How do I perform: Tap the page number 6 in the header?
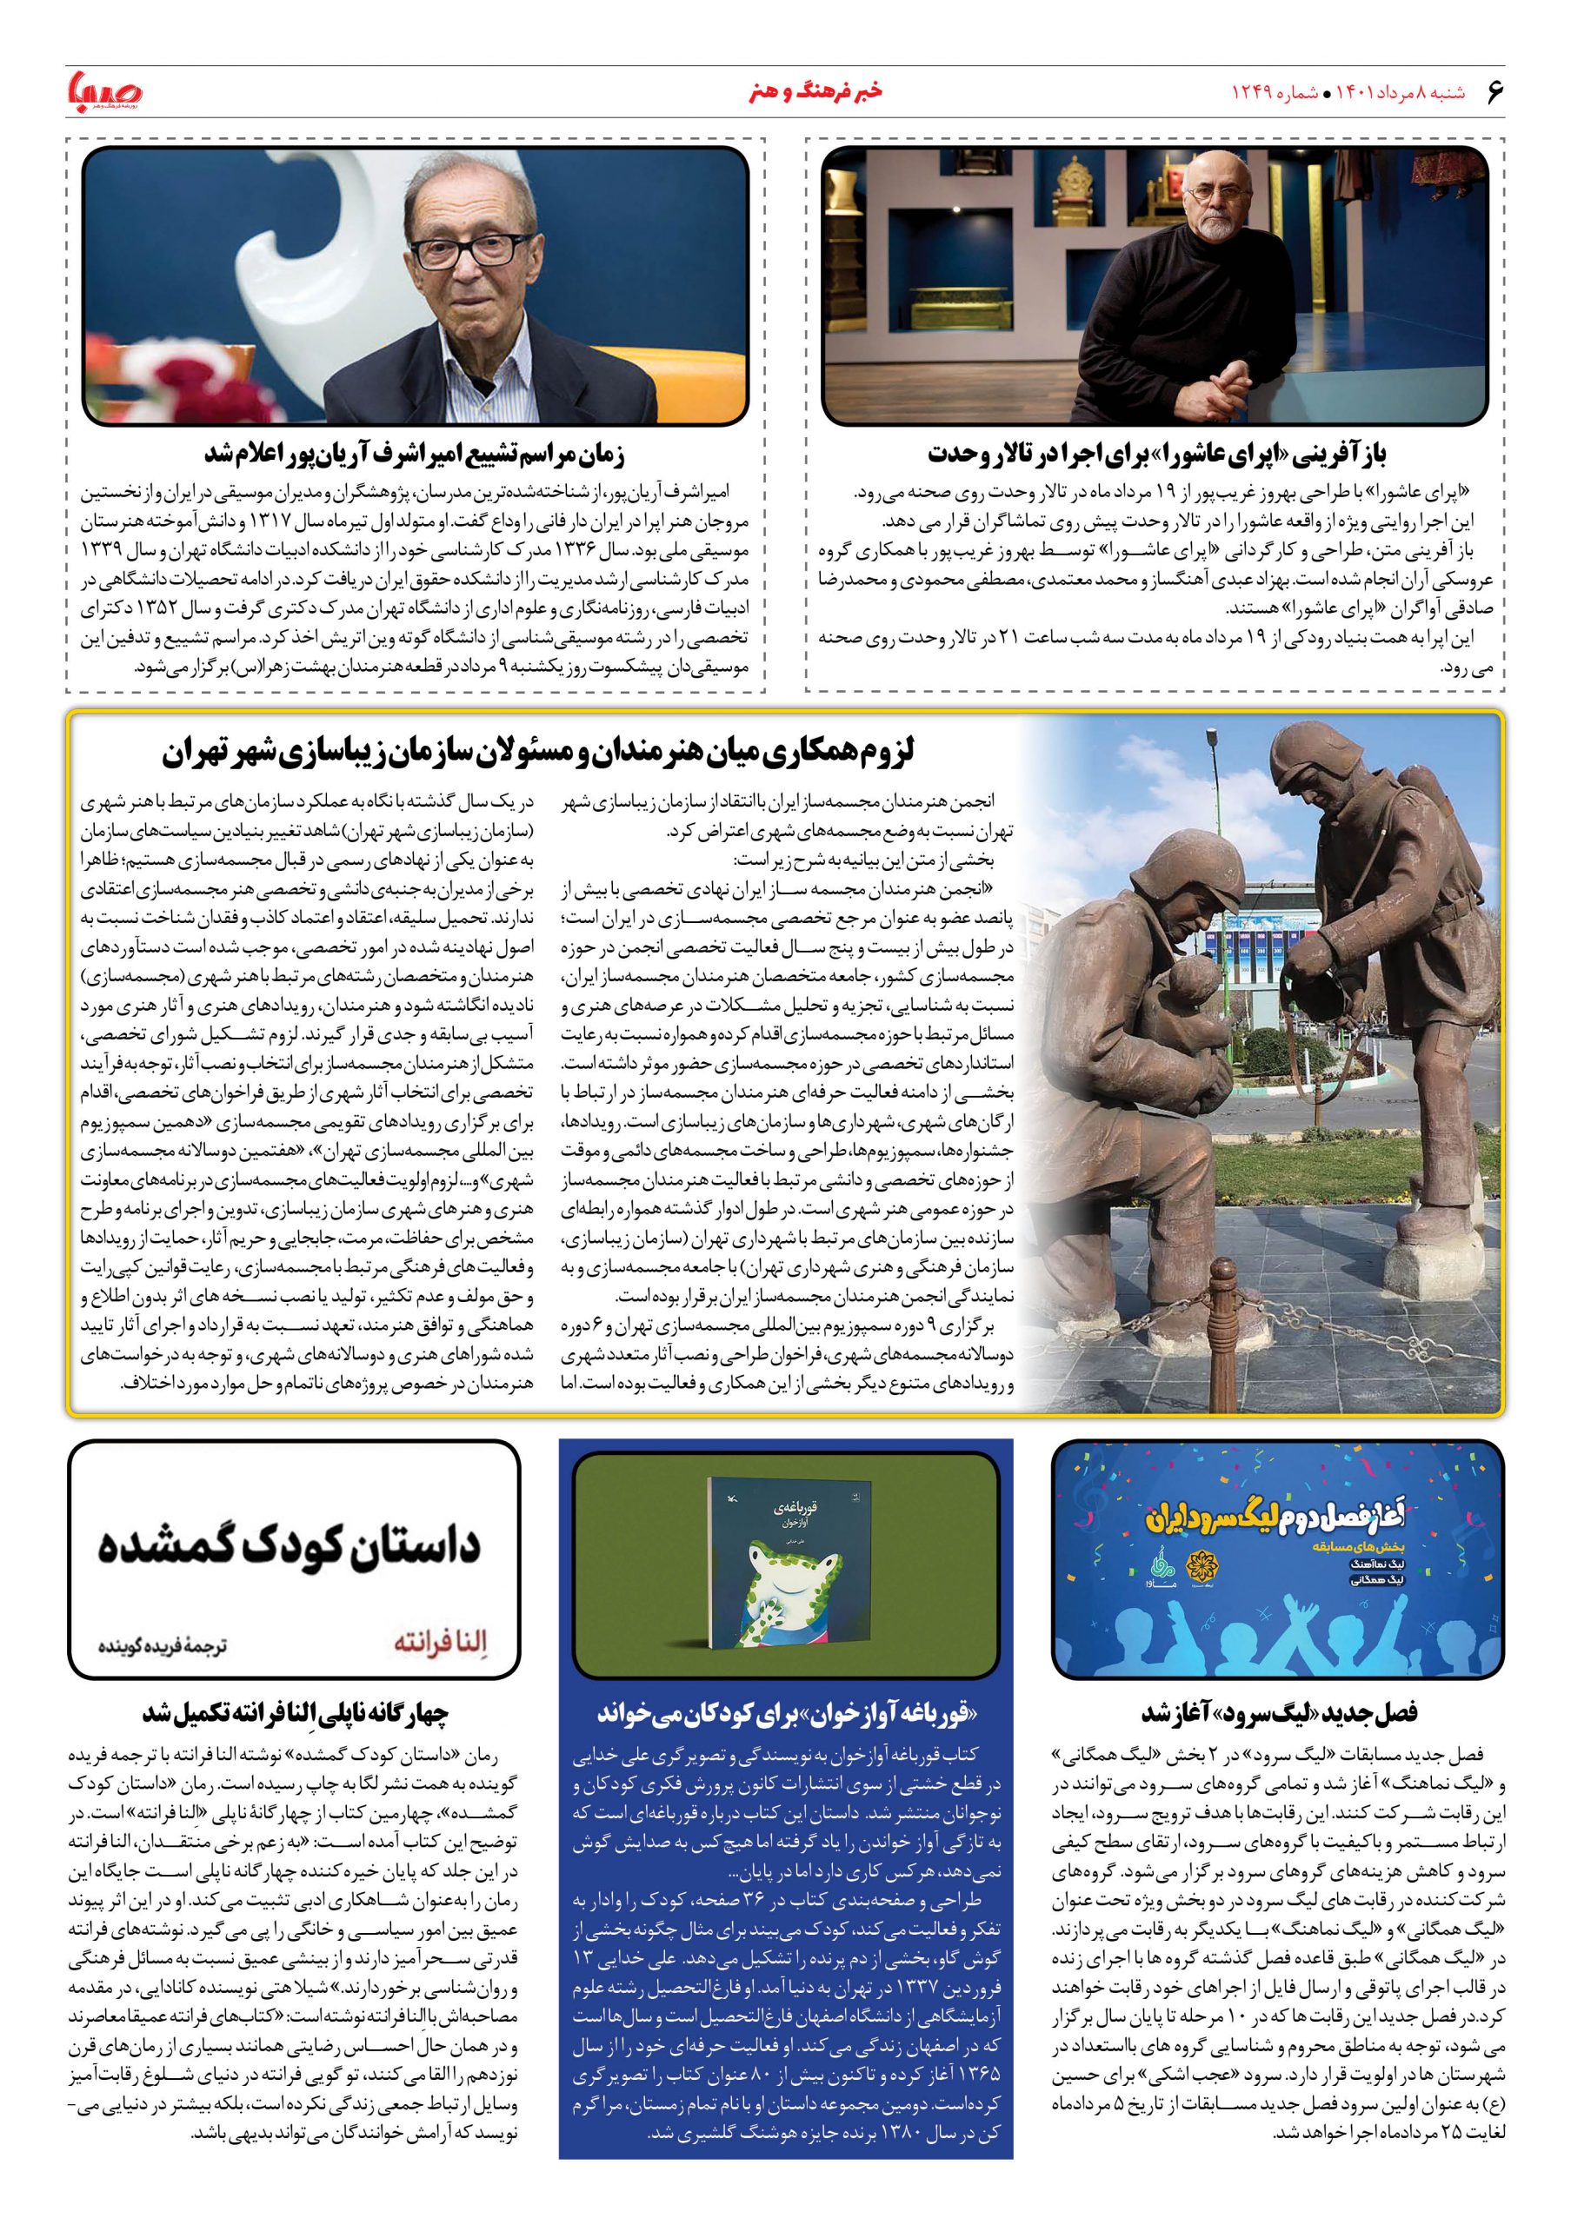point(1494,92)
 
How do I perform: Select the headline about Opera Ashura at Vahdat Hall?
point(1156,453)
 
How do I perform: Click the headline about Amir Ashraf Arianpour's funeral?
point(415,453)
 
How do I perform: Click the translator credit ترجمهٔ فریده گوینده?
point(163,1645)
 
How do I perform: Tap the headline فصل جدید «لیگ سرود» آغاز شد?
point(1278,1712)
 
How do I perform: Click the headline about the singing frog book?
point(786,1712)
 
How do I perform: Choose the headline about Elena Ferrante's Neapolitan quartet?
point(296,1712)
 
